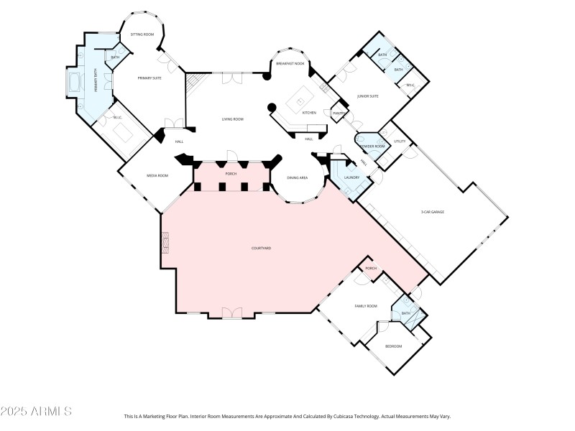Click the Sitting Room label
coord(142,34)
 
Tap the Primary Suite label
coord(150,78)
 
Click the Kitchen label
coord(309,113)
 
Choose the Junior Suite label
coord(368,96)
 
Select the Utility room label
coord(400,142)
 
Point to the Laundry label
coord(351,177)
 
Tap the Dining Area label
coord(298,177)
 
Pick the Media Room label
coord(157,175)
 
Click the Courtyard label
coord(261,248)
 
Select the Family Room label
coord(366,306)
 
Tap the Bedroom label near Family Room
coord(393,346)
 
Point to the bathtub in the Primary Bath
coord(73,85)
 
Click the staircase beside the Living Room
coord(193,86)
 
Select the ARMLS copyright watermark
coord(36,412)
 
